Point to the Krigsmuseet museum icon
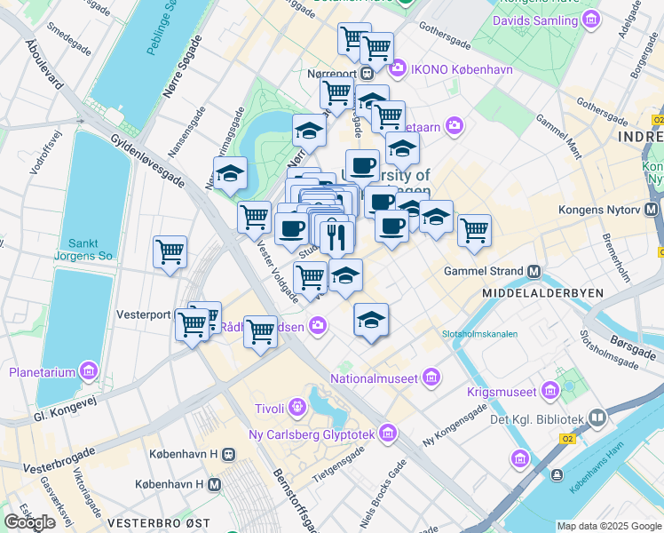tap(550, 391)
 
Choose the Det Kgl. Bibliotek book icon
tap(597, 418)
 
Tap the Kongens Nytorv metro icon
tap(652, 211)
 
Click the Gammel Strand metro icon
tap(534, 270)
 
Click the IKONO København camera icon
tap(397, 67)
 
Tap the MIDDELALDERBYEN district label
tap(541, 292)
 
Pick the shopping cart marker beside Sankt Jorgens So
tap(170, 251)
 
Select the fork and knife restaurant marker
tap(336, 237)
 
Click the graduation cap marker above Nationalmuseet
tap(371, 320)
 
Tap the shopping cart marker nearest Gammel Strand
tap(474, 230)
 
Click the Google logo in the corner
tap(29, 521)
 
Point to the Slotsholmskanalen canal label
tap(478, 334)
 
